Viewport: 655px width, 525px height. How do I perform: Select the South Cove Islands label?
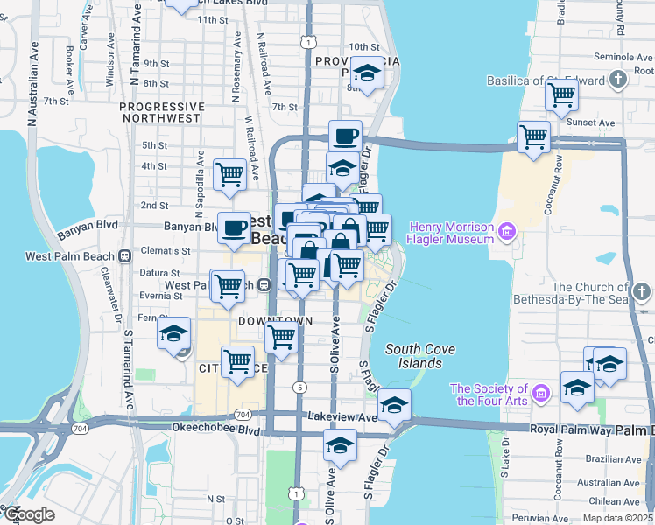pyautogui.click(x=420, y=356)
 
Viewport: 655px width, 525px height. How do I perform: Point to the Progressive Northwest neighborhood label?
pyautogui.click(x=162, y=111)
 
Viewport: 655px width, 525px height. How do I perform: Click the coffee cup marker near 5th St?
pyautogui.click(x=345, y=136)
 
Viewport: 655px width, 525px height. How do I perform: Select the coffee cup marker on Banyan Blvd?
pyautogui.click(x=234, y=228)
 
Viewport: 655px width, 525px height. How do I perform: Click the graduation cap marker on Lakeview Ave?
pyautogui.click(x=394, y=405)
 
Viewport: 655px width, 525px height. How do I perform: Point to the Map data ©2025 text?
pyautogui.click(x=616, y=516)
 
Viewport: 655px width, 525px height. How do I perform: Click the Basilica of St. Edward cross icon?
pyautogui.click(x=619, y=80)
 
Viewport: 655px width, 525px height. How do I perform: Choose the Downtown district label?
pyautogui.click(x=275, y=321)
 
